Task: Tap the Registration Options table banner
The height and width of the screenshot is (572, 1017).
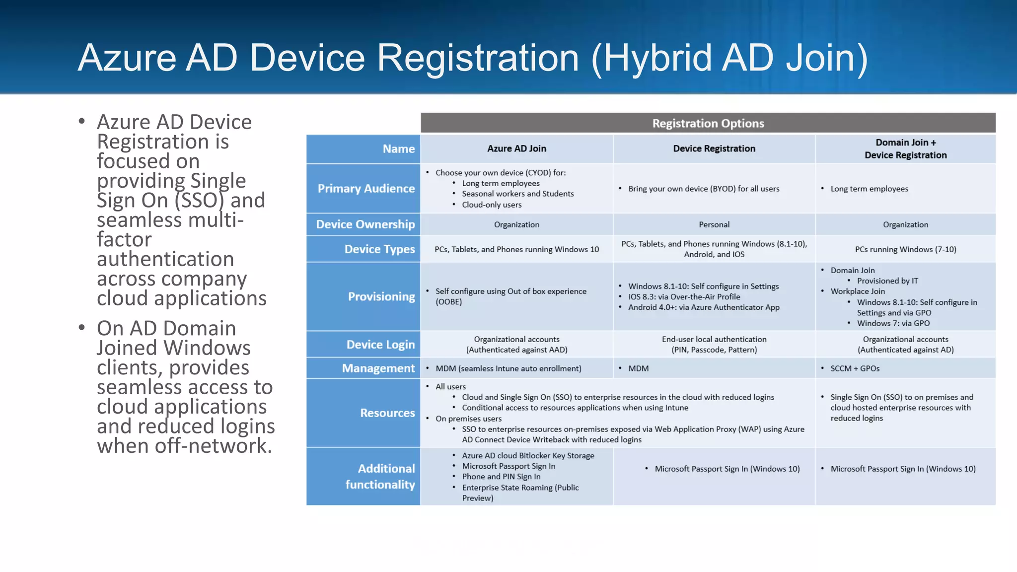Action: [708, 123]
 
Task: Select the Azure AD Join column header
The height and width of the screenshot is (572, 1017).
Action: [516, 148]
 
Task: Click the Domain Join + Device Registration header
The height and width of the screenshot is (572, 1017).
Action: [905, 149]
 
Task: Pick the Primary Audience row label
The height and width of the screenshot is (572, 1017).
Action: [365, 189]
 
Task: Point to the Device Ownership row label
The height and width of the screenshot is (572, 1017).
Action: [365, 224]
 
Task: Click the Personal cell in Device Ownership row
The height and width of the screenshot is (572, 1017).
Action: [714, 224]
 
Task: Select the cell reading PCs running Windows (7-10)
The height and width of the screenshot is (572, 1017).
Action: [905, 249]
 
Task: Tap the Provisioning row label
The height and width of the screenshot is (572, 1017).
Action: [381, 296]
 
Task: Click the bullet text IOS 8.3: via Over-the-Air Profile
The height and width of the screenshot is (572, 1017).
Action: [684, 297]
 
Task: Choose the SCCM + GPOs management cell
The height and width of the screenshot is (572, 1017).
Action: [855, 368]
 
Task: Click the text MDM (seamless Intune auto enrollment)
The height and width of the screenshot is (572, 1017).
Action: [508, 368]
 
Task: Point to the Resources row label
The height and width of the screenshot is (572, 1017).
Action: [387, 413]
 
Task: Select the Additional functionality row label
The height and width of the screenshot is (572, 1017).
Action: [380, 476]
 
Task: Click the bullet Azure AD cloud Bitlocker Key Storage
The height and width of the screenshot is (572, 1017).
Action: [528, 455]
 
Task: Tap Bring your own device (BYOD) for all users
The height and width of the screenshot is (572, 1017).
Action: [703, 189]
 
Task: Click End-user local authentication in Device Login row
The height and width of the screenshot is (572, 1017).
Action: [714, 339]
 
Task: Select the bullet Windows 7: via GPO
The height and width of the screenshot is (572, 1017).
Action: [893, 323]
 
